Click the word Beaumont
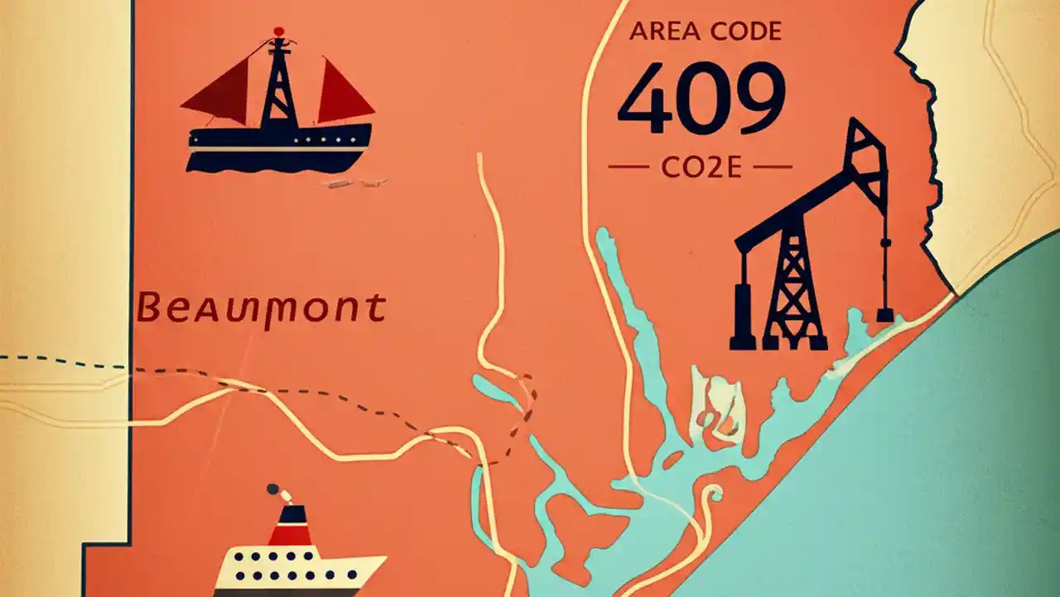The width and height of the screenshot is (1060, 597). pos(261,308)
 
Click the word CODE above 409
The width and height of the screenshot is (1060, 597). pos(742,32)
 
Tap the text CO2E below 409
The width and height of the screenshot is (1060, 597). pos(700,167)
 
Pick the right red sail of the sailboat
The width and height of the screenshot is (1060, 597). pos(341,93)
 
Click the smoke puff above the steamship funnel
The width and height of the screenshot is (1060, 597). pos(276,493)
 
